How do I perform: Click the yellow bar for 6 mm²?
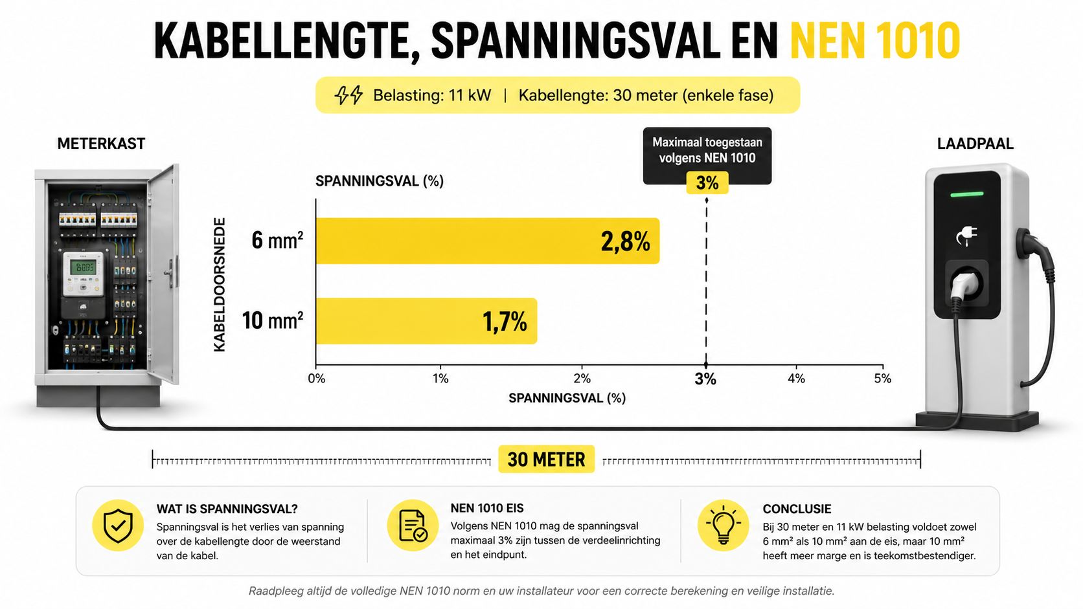click(x=487, y=241)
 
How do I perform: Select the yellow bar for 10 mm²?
click(x=426, y=321)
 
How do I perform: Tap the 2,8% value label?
click(x=625, y=241)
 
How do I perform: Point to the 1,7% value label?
click(x=505, y=322)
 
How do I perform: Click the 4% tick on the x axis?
click(x=796, y=379)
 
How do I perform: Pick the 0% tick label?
click(x=317, y=379)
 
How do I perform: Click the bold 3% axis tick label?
click(x=705, y=379)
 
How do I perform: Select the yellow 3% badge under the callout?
click(x=707, y=183)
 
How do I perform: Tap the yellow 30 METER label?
click(x=546, y=459)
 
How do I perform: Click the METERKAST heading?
click(x=101, y=144)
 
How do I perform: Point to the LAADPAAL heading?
click(x=975, y=144)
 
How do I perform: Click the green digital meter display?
click(x=82, y=267)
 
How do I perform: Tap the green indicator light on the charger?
click(x=967, y=194)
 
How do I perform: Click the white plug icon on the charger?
click(x=966, y=236)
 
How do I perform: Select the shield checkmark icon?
click(x=118, y=526)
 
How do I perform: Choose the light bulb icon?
click(x=724, y=525)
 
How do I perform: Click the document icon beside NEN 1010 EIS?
click(x=413, y=525)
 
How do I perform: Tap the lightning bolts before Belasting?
click(x=348, y=95)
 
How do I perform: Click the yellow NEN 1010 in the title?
click(x=875, y=41)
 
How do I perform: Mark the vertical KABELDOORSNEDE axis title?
click(x=220, y=285)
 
